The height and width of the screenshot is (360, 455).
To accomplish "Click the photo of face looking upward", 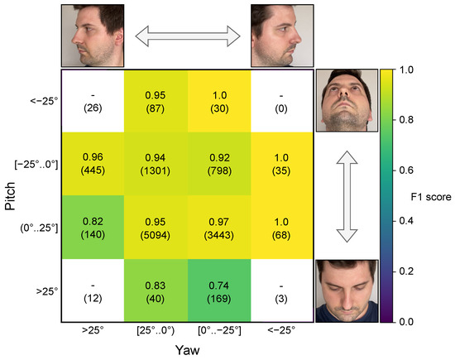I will click(x=347, y=98).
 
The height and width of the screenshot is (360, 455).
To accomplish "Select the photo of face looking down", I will click(x=347, y=290).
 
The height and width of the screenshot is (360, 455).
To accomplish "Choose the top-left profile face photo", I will click(x=93, y=35).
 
